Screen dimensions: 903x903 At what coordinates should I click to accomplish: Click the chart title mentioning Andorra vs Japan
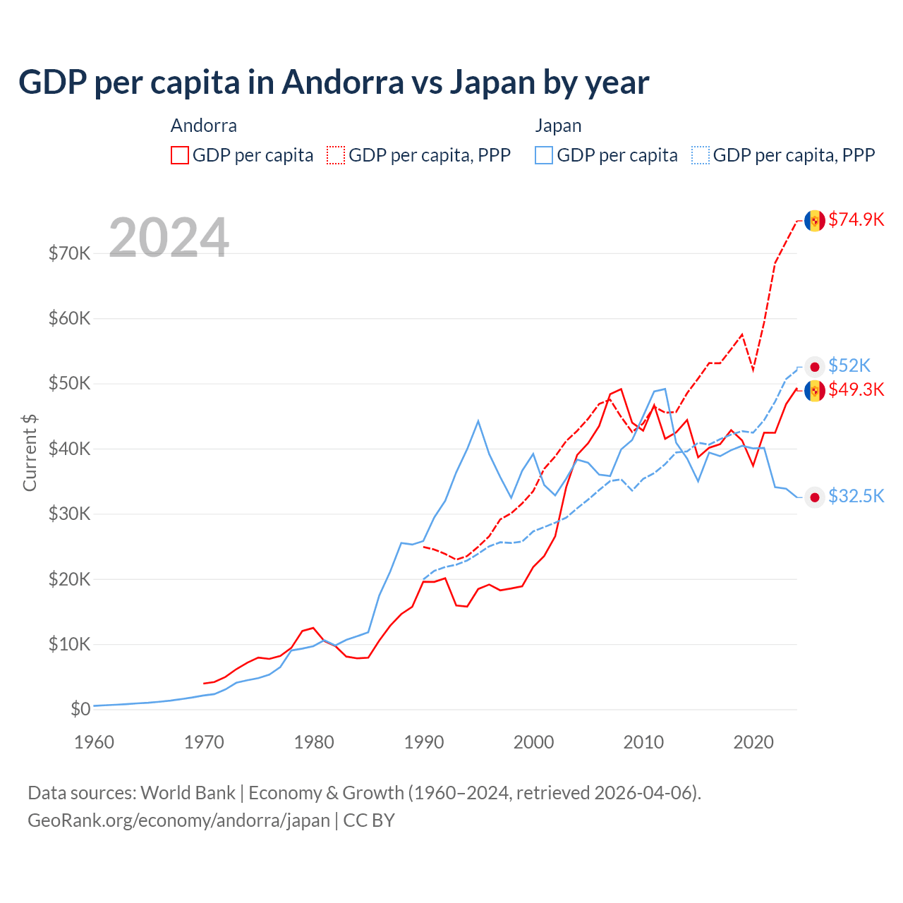334,83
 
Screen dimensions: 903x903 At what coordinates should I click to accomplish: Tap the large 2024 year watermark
169,238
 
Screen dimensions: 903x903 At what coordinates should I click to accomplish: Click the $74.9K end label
856,219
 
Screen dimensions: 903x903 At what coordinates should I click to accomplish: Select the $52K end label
849,365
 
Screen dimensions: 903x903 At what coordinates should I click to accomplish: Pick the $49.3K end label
856,389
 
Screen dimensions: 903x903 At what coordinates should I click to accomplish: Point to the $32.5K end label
856,496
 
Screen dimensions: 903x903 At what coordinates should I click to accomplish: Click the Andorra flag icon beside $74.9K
815,221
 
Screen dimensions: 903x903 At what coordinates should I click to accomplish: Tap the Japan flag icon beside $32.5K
815,497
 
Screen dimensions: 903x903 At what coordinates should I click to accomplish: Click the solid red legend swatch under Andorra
180,155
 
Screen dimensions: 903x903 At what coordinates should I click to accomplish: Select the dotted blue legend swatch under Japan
701,155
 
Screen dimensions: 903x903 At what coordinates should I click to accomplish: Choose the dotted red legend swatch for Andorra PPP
336,155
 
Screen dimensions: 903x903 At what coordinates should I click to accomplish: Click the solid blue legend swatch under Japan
544,155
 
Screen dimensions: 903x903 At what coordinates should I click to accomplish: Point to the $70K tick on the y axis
69,253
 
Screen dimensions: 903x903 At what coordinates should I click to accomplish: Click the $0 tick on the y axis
80,709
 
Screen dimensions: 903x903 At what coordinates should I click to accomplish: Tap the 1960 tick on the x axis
94,742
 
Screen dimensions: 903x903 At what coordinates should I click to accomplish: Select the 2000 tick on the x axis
533,742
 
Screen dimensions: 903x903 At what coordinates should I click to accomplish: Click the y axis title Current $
30,452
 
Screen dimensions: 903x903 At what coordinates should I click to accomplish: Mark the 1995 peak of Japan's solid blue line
478,421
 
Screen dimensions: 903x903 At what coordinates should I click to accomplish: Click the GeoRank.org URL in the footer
178,820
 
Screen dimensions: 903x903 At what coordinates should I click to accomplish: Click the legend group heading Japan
558,126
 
